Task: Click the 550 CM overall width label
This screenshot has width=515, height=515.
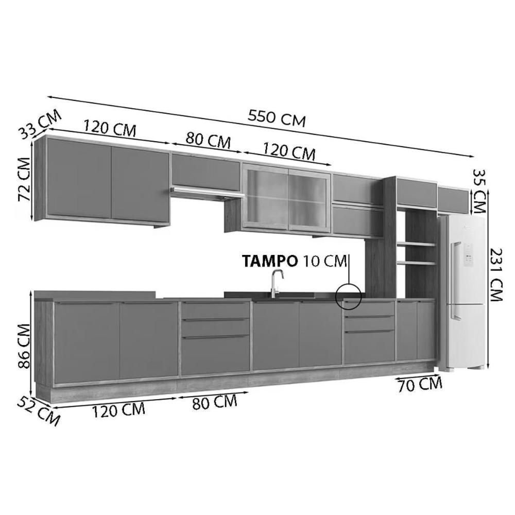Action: click(x=277, y=118)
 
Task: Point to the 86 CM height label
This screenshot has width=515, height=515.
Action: click(x=24, y=346)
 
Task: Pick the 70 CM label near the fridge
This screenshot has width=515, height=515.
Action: click(x=420, y=384)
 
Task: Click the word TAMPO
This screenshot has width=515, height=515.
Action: click(x=270, y=261)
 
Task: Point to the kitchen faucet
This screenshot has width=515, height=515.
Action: click(x=276, y=282)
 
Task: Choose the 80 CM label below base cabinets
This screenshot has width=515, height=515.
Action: click(x=215, y=402)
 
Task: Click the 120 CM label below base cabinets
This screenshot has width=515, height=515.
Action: click(x=118, y=410)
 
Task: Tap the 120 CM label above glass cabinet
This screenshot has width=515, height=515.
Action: click(x=289, y=151)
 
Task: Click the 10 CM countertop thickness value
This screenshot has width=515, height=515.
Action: click(x=325, y=261)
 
